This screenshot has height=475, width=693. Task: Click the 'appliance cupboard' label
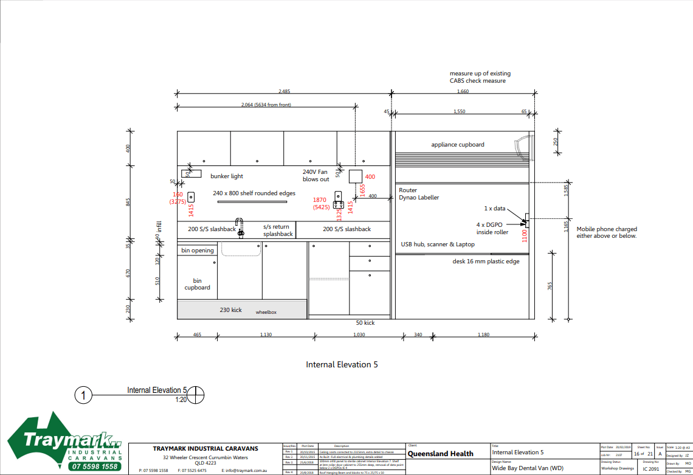coord(458,145)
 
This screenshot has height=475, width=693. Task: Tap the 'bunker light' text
coord(226,176)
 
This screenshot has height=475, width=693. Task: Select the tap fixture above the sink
coord(240,226)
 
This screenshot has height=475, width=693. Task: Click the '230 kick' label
coord(230,310)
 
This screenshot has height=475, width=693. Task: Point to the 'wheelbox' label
coord(266,312)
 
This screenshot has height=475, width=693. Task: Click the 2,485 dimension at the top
coord(284,91)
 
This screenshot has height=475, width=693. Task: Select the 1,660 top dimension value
coord(463,91)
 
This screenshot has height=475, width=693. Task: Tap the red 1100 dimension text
coord(525,235)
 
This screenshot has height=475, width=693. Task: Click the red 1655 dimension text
coord(362,190)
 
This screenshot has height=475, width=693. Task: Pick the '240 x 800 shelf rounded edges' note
coord(254,193)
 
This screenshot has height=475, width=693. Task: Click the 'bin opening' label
coord(198,251)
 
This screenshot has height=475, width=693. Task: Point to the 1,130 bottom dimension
coord(266,335)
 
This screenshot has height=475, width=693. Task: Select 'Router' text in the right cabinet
coord(408,190)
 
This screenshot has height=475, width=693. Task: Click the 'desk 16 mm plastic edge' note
coord(486,262)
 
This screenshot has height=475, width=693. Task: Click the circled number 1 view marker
coord(83,395)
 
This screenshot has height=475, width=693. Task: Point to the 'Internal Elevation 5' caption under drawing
coord(342,365)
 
